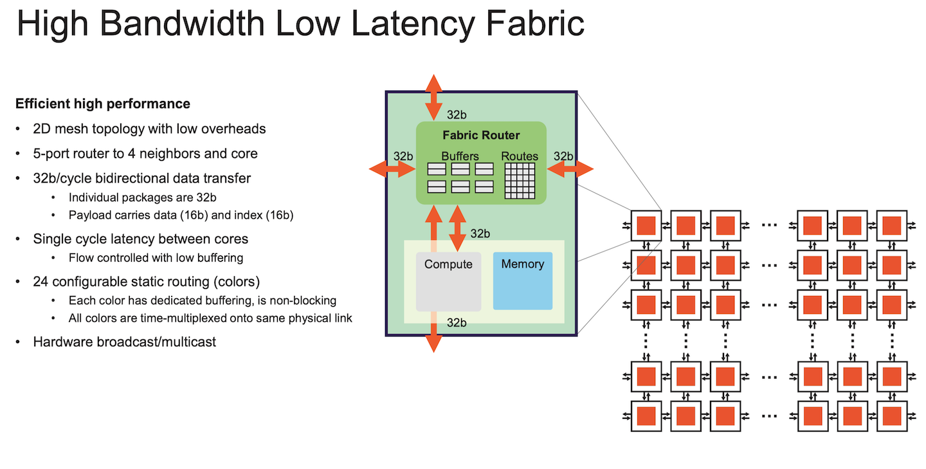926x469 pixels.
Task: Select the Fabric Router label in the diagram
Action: (x=481, y=136)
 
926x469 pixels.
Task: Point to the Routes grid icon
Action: (x=519, y=180)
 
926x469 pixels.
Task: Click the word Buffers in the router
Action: (x=460, y=156)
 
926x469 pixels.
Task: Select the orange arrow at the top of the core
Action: (x=434, y=94)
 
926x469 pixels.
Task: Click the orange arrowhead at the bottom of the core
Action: (x=434, y=342)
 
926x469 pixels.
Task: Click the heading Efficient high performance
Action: (x=103, y=104)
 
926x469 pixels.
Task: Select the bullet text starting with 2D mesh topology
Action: (x=149, y=129)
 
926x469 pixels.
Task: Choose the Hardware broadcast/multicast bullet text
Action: (x=125, y=342)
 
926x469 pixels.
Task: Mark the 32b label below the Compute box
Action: (x=457, y=323)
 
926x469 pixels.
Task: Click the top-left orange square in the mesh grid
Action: (x=646, y=225)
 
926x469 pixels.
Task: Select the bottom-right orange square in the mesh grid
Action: (x=891, y=416)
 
